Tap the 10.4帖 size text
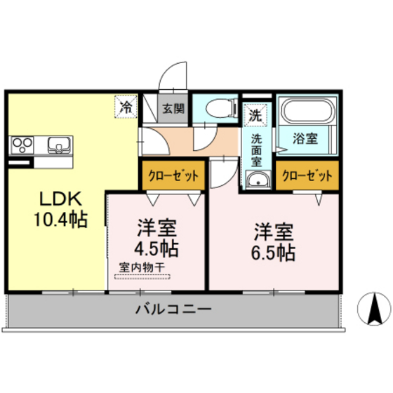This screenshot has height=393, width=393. [60, 220]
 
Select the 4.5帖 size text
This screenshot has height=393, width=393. [156, 248]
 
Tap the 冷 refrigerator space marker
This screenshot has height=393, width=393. [126, 107]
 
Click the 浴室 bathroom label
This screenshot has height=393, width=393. [305, 138]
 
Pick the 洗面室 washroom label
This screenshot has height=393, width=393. [257, 149]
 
